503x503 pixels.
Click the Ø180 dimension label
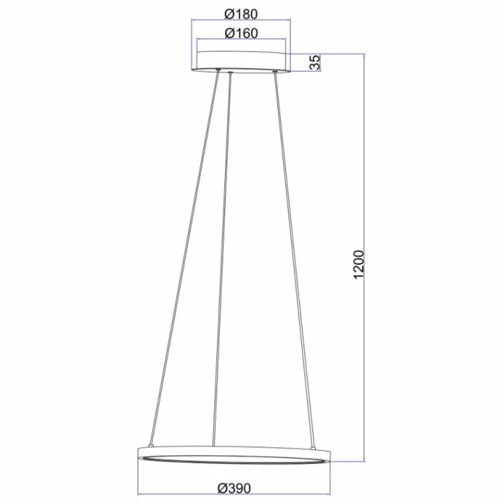point(241,13)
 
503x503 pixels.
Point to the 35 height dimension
point(315,62)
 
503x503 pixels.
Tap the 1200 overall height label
point(358,267)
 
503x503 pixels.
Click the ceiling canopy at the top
point(243,61)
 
